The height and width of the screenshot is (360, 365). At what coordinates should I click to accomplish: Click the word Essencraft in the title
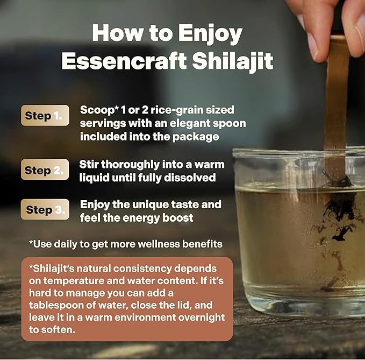[124, 61]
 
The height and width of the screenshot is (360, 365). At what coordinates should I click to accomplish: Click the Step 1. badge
[45, 115]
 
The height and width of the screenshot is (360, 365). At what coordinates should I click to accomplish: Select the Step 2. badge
[45, 170]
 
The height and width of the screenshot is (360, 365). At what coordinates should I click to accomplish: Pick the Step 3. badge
[45, 209]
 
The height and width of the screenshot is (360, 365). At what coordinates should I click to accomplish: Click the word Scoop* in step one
[98, 110]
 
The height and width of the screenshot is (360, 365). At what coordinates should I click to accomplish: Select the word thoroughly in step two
[130, 165]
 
